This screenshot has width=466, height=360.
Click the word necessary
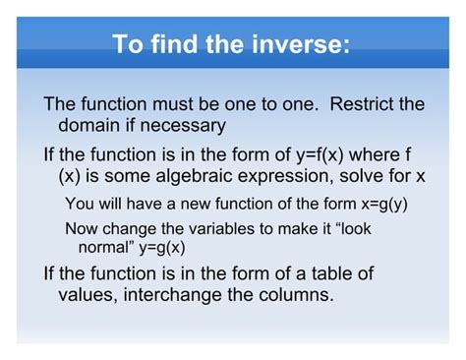pos(186,125)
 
